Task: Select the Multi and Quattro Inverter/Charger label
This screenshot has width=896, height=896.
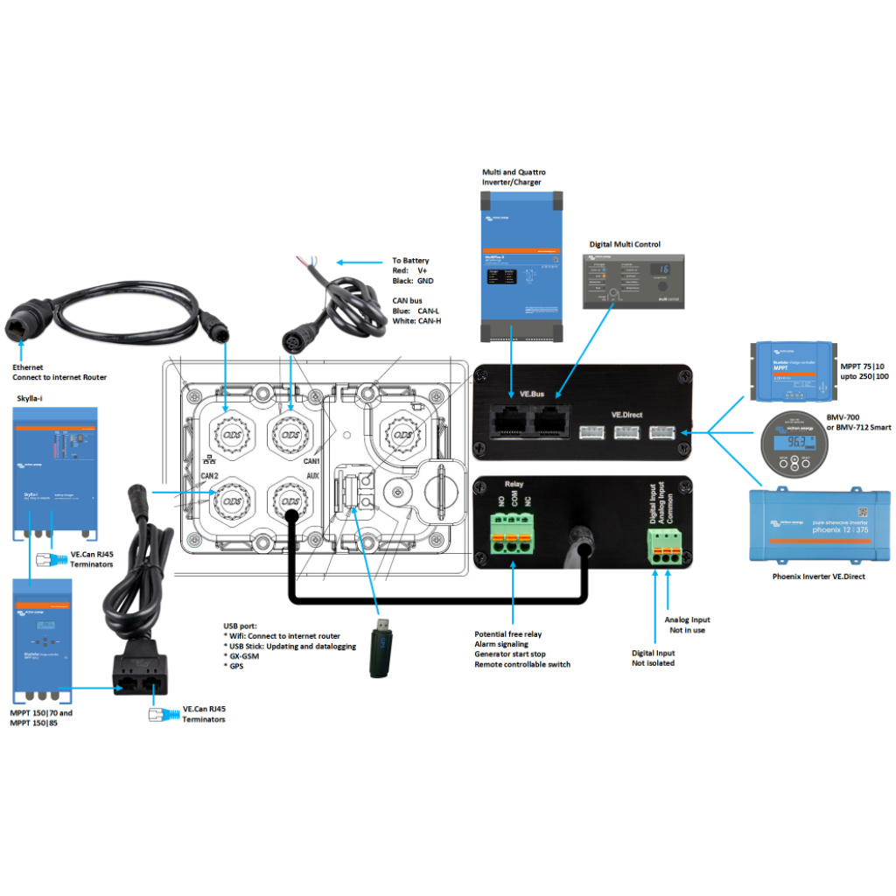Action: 514,178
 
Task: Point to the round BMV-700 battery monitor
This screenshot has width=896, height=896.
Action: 794,444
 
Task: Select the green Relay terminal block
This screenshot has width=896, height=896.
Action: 512,535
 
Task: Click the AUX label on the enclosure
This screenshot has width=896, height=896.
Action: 312,476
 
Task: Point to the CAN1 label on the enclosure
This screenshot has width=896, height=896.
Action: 312,460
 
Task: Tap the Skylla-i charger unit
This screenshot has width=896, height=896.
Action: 55,477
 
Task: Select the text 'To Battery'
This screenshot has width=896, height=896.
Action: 410,261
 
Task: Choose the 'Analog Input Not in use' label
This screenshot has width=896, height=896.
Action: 688,625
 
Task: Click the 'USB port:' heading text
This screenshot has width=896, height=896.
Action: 241,626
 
